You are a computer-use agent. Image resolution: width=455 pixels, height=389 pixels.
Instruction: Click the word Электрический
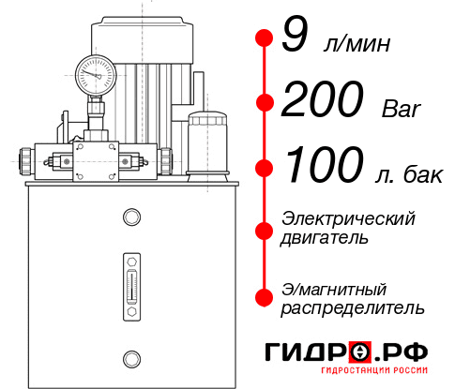click(x=348, y=218)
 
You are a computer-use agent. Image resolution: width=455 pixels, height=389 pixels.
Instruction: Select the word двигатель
click(x=325, y=238)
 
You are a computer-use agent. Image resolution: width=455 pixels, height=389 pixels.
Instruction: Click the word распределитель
click(x=353, y=307)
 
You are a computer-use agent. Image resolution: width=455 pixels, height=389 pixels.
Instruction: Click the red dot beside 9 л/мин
click(x=264, y=38)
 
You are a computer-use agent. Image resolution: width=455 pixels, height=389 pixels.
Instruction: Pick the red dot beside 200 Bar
click(x=264, y=102)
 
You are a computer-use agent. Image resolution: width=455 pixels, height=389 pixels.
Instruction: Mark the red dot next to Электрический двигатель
click(x=264, y=229)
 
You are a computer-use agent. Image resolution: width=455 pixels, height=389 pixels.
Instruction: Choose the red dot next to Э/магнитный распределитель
click(x=264, y=296)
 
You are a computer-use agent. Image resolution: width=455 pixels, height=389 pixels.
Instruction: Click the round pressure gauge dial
click(x=97, y=72)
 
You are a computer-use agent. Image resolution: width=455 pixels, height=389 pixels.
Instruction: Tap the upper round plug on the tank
click(x=130, y=217)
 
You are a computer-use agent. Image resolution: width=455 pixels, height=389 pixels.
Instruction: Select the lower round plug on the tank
click(x=130, y=356)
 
